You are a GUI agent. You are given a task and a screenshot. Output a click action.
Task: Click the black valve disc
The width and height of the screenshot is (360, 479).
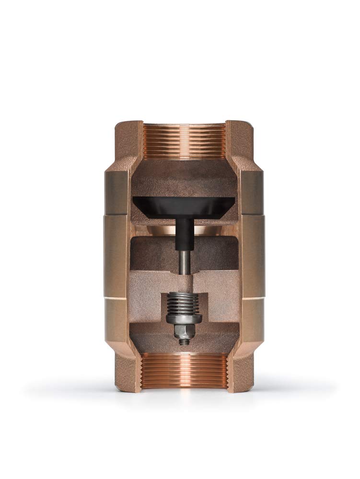pyautogui.click(x=184, y=206)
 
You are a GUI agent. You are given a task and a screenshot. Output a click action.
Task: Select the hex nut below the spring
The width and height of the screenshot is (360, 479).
pyautogui.click(x=184, y=331)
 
